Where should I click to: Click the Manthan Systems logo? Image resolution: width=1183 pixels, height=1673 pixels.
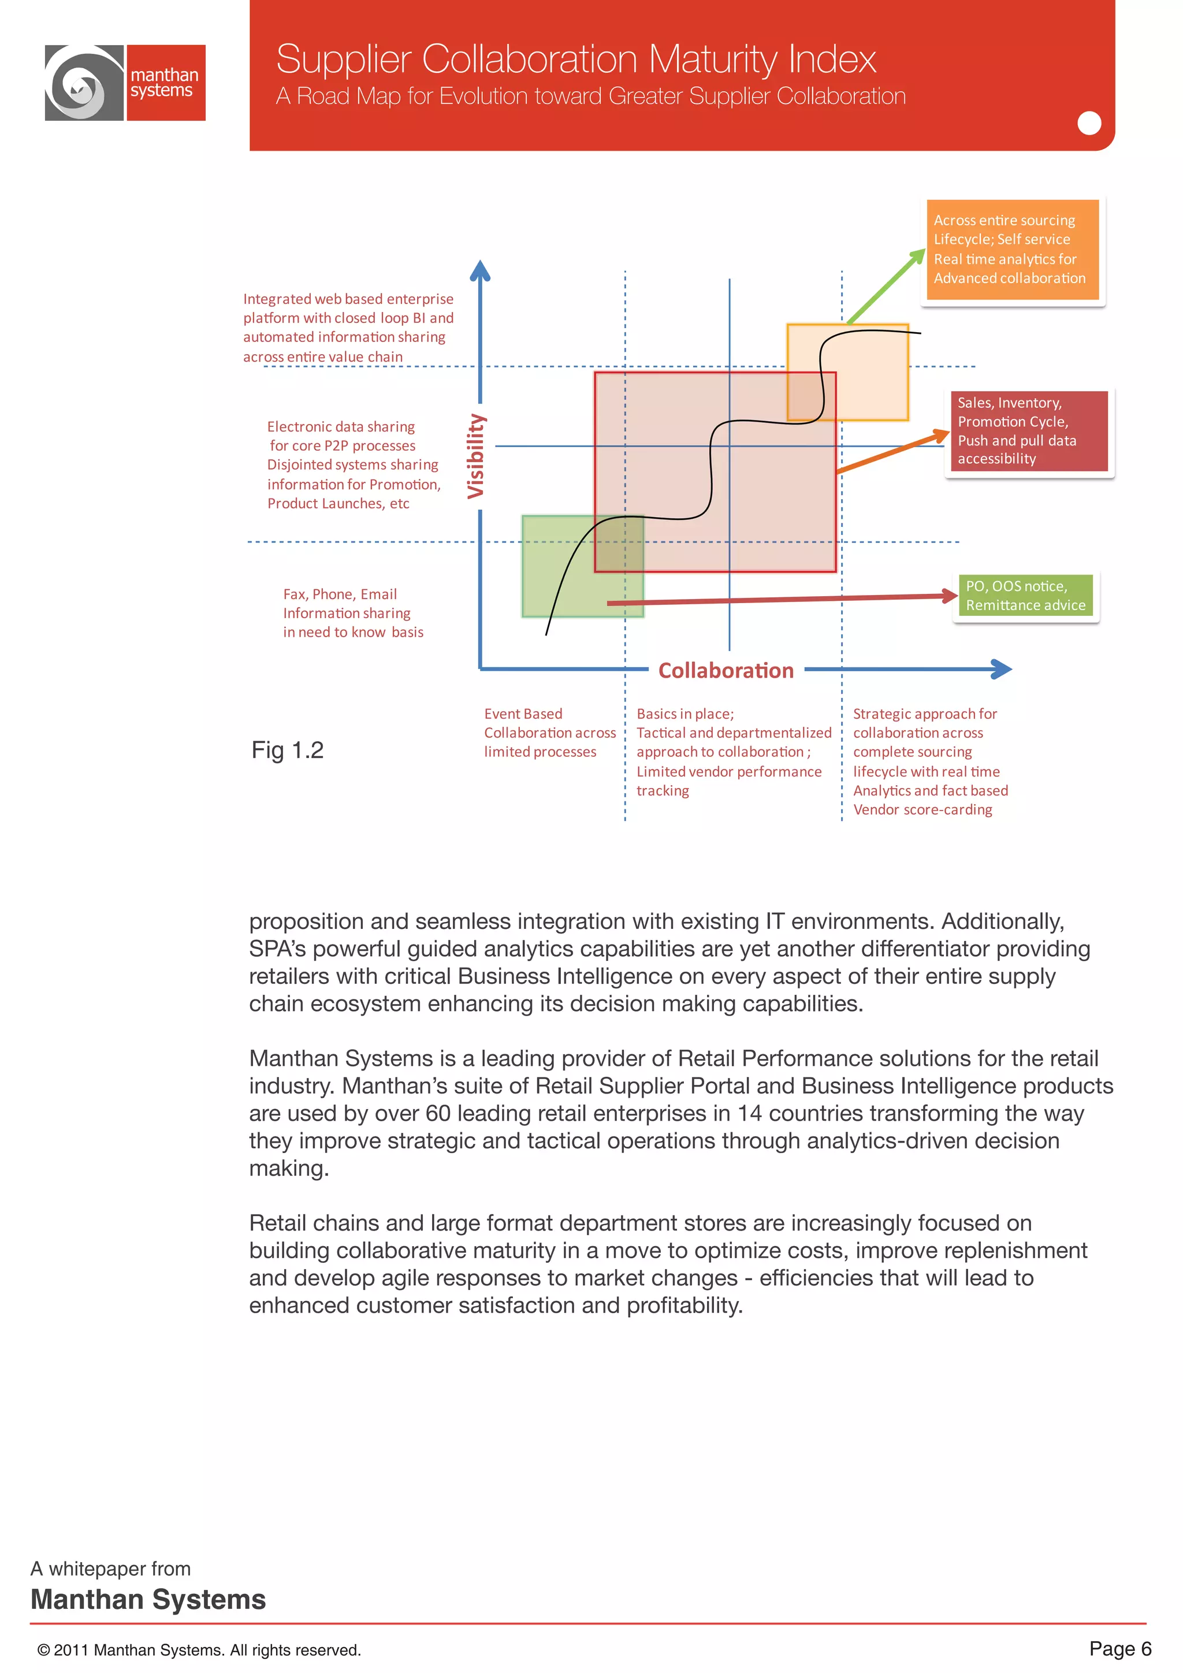(x=125, y=83)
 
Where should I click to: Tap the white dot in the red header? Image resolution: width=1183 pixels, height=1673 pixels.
(x=1088, y=123)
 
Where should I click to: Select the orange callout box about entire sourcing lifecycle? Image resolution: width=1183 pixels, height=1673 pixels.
(x=1012, y=249)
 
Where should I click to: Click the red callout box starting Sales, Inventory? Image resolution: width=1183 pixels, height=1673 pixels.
(x=1029, y=430)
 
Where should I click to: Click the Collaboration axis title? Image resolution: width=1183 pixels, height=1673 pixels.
(x=726, y=670)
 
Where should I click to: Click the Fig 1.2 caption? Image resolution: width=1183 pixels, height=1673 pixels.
(x=287, y=750)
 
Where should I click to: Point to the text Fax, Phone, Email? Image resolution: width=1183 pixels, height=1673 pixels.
(x=340, y=594)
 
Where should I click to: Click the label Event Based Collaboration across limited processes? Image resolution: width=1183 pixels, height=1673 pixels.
(x=549, y=733)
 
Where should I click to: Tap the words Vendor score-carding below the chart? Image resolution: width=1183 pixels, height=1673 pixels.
(x=922, y=809)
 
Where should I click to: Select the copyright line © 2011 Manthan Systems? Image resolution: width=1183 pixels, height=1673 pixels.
(x=199, y=1650)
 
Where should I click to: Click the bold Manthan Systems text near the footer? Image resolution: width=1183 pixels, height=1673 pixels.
(x=148, y=1600)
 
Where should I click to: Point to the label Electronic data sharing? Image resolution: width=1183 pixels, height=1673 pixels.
(x=340, y=426)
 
